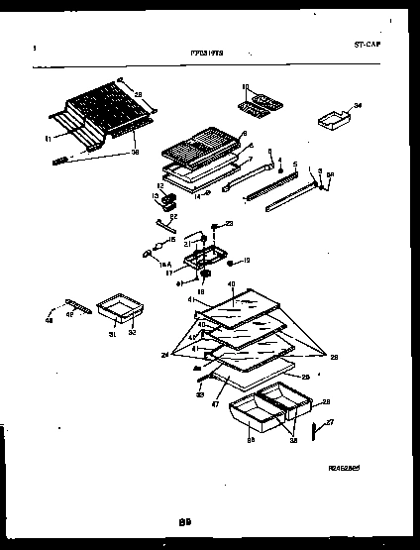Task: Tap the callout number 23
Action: coord(229,223)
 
